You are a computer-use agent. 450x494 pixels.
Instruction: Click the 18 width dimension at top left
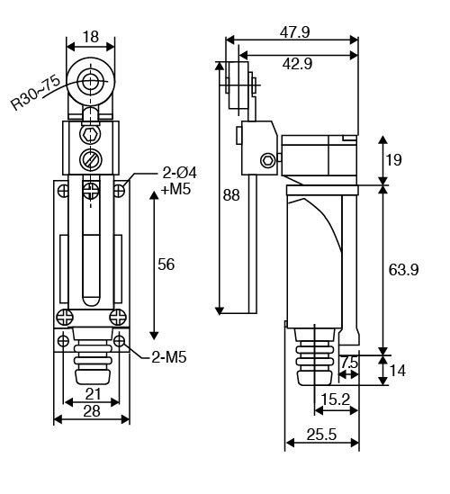(91, 37)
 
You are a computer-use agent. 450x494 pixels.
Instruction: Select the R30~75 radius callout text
(35, 93)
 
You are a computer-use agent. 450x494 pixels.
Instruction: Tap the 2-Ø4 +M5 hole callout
(179, 181)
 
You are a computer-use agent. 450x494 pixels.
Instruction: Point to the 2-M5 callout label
(169, 357)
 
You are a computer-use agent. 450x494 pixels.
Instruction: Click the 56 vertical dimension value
(166, 265)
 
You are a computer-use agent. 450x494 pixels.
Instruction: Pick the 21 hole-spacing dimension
(93, 394)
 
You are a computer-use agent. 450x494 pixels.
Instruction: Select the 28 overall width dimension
(92, 411)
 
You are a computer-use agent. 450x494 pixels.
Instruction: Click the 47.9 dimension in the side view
(295, 32)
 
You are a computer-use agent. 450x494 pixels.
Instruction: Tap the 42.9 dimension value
(297, 64)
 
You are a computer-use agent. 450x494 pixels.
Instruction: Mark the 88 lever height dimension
(231, 195)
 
